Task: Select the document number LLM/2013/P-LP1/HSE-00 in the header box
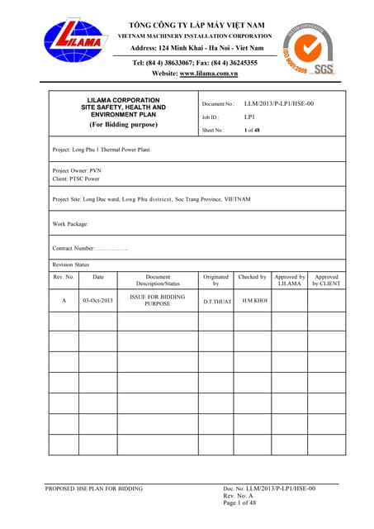(x=280, y=104)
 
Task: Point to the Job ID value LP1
(x=249, y=117)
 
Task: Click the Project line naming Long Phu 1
(x=102, y=150)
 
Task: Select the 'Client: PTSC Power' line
(x=77, y=179)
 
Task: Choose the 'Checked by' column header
(x=252, y=277)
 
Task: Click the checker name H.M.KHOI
(x=254, y=300)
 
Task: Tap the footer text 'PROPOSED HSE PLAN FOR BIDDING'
(x=92, y=488)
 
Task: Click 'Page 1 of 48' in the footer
(x=240, y=503)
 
